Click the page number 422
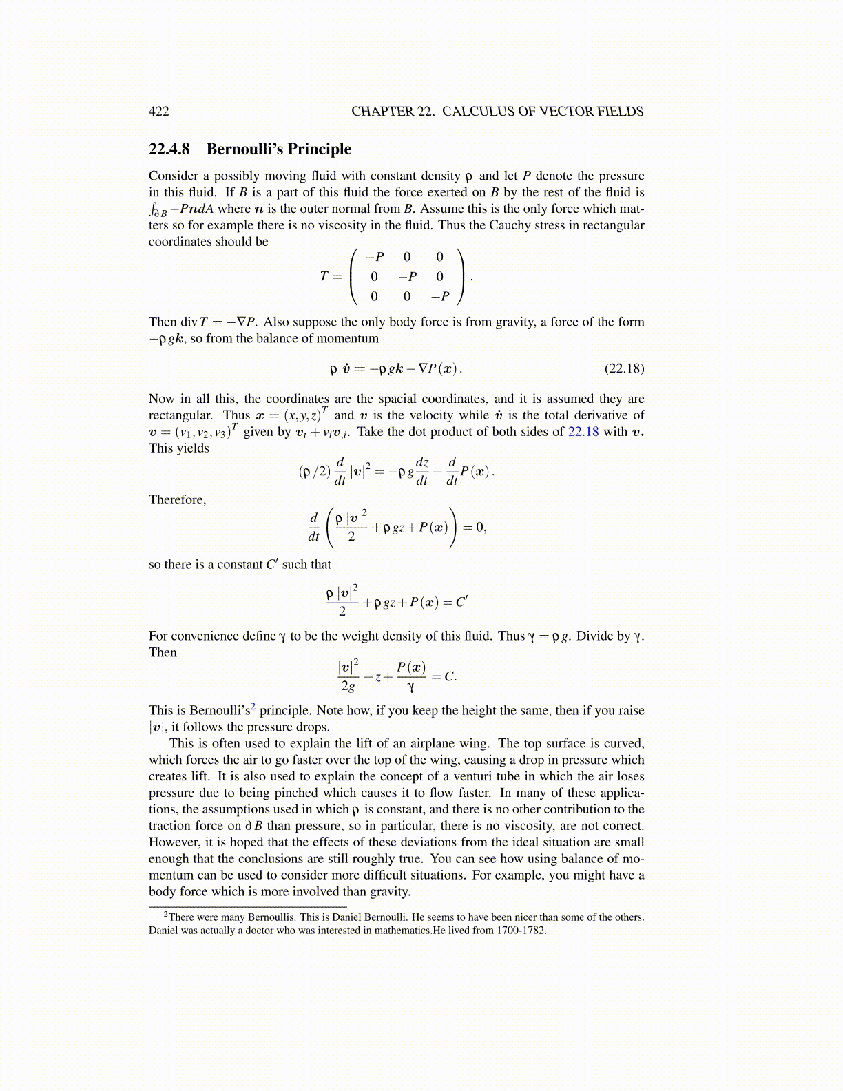click(x=158, y=112)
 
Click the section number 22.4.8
click(x=169, y=149)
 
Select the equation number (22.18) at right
click(x=624, y=368)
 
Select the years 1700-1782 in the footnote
click(x=521, y=931)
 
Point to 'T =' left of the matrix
click(x=331, y=277)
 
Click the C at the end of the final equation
click(x=449, y=676)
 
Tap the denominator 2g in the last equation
click(x=348, y=686)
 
